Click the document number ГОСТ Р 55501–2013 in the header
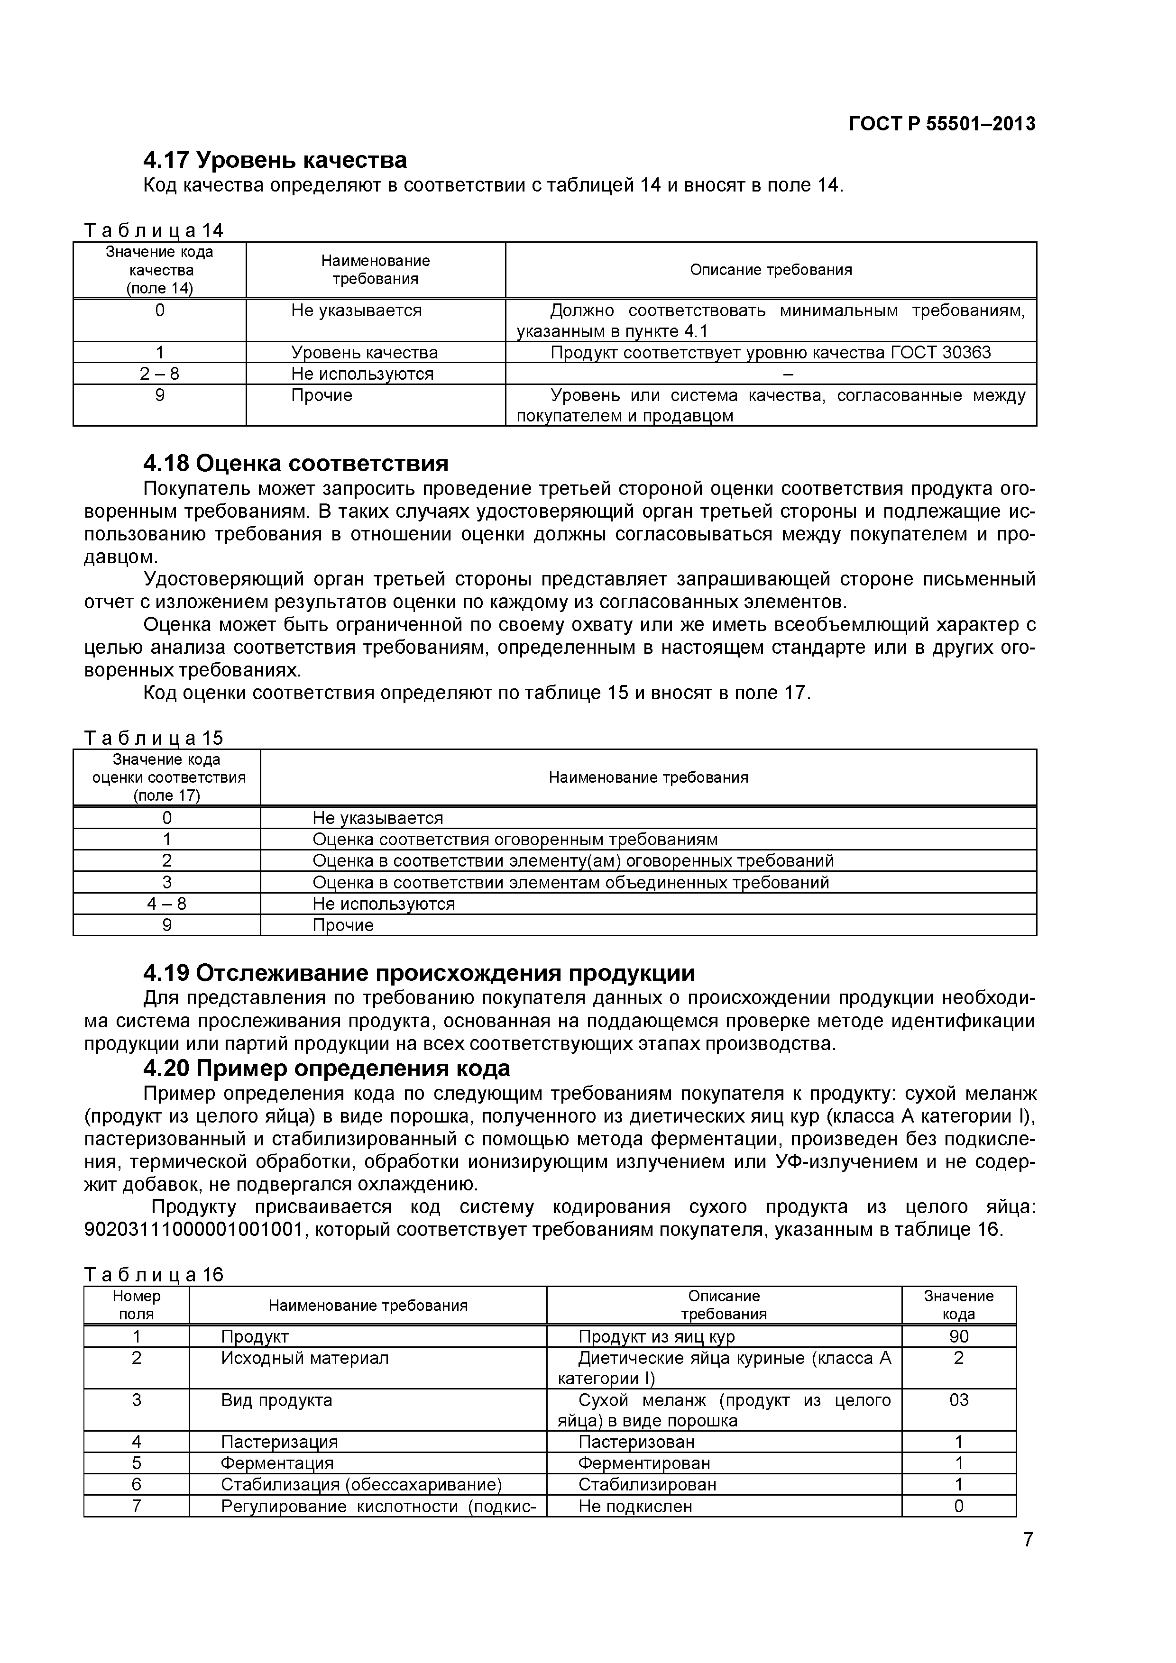point(941,124)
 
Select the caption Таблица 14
point(154,230)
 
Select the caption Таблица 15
point(154,738)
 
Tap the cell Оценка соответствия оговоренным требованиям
point(514,840)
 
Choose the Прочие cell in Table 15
point(343,926)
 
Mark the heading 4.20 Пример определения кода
point(326,1069)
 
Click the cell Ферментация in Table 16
point(277,1464)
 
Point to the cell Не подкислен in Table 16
point(635,1507)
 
